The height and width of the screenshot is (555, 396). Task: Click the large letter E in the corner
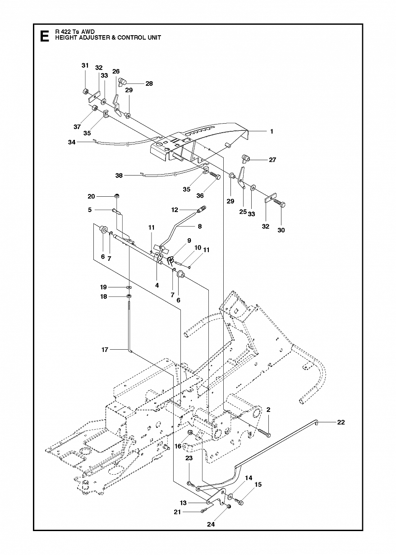(x=44, y=36)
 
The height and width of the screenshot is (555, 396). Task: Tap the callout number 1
(x=272, y=131)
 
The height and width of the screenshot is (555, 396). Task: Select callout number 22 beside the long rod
(x=341, y=422)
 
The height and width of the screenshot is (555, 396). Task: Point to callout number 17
(x=105, y=349)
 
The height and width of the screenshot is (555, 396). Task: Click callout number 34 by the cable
(x=72, y=142)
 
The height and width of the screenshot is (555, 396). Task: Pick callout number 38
(x=119, y=176)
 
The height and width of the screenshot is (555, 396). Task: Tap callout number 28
(x=149, y=83)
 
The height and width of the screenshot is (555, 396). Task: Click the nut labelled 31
(x=85, y=91)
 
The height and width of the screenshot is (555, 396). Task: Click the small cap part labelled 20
(x=117, y=196)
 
